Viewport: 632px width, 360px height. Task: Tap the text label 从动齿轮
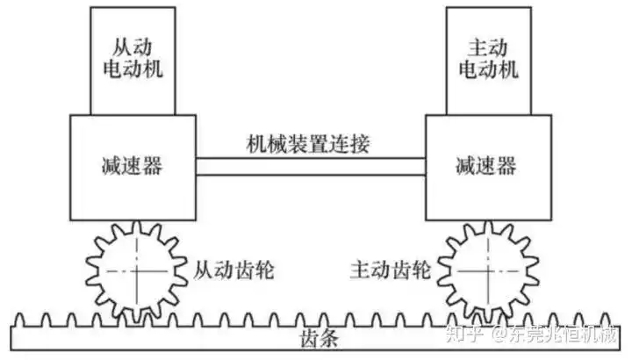pyautogui.click(x=233, y=269)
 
